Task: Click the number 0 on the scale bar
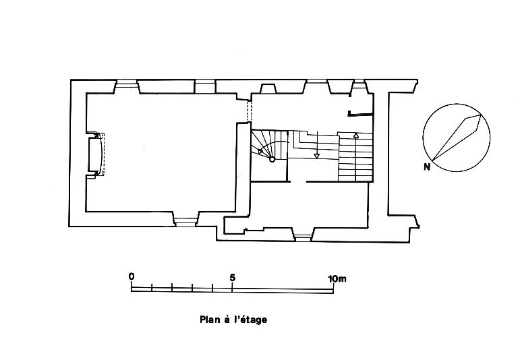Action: tap(132, 277)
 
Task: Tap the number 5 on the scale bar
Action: tap(232, 277)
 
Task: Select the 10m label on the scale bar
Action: tap(337, 277)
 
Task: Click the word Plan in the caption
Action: tap(209, 320)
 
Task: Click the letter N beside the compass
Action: tap(427, 167)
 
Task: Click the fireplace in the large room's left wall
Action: tap(96, 154)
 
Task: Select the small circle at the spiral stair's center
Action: tap(272, 160)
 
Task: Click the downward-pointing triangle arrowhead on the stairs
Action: tap(316, 156)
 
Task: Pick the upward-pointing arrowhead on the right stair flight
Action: tap(355, 137)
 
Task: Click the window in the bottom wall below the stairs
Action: tap(303, 235)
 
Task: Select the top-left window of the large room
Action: tap(125, 86)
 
